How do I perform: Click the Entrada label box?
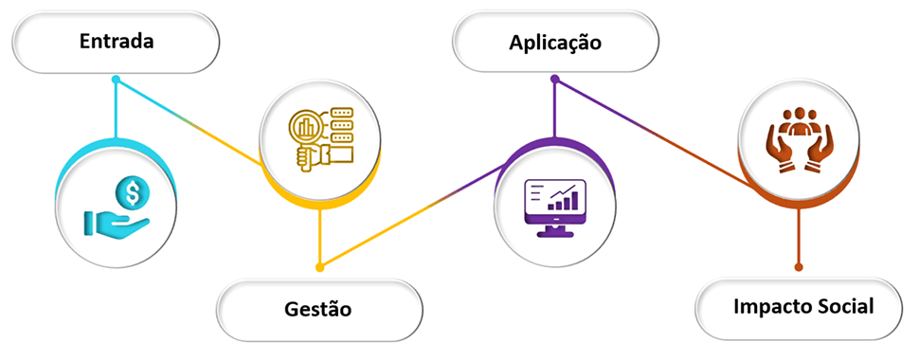117,42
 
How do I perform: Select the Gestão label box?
318,308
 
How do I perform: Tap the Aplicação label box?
555,43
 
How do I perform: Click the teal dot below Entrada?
116,80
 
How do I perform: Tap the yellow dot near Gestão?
319,266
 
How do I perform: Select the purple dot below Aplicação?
554,81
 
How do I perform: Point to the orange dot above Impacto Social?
799,266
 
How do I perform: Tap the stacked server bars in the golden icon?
338,124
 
